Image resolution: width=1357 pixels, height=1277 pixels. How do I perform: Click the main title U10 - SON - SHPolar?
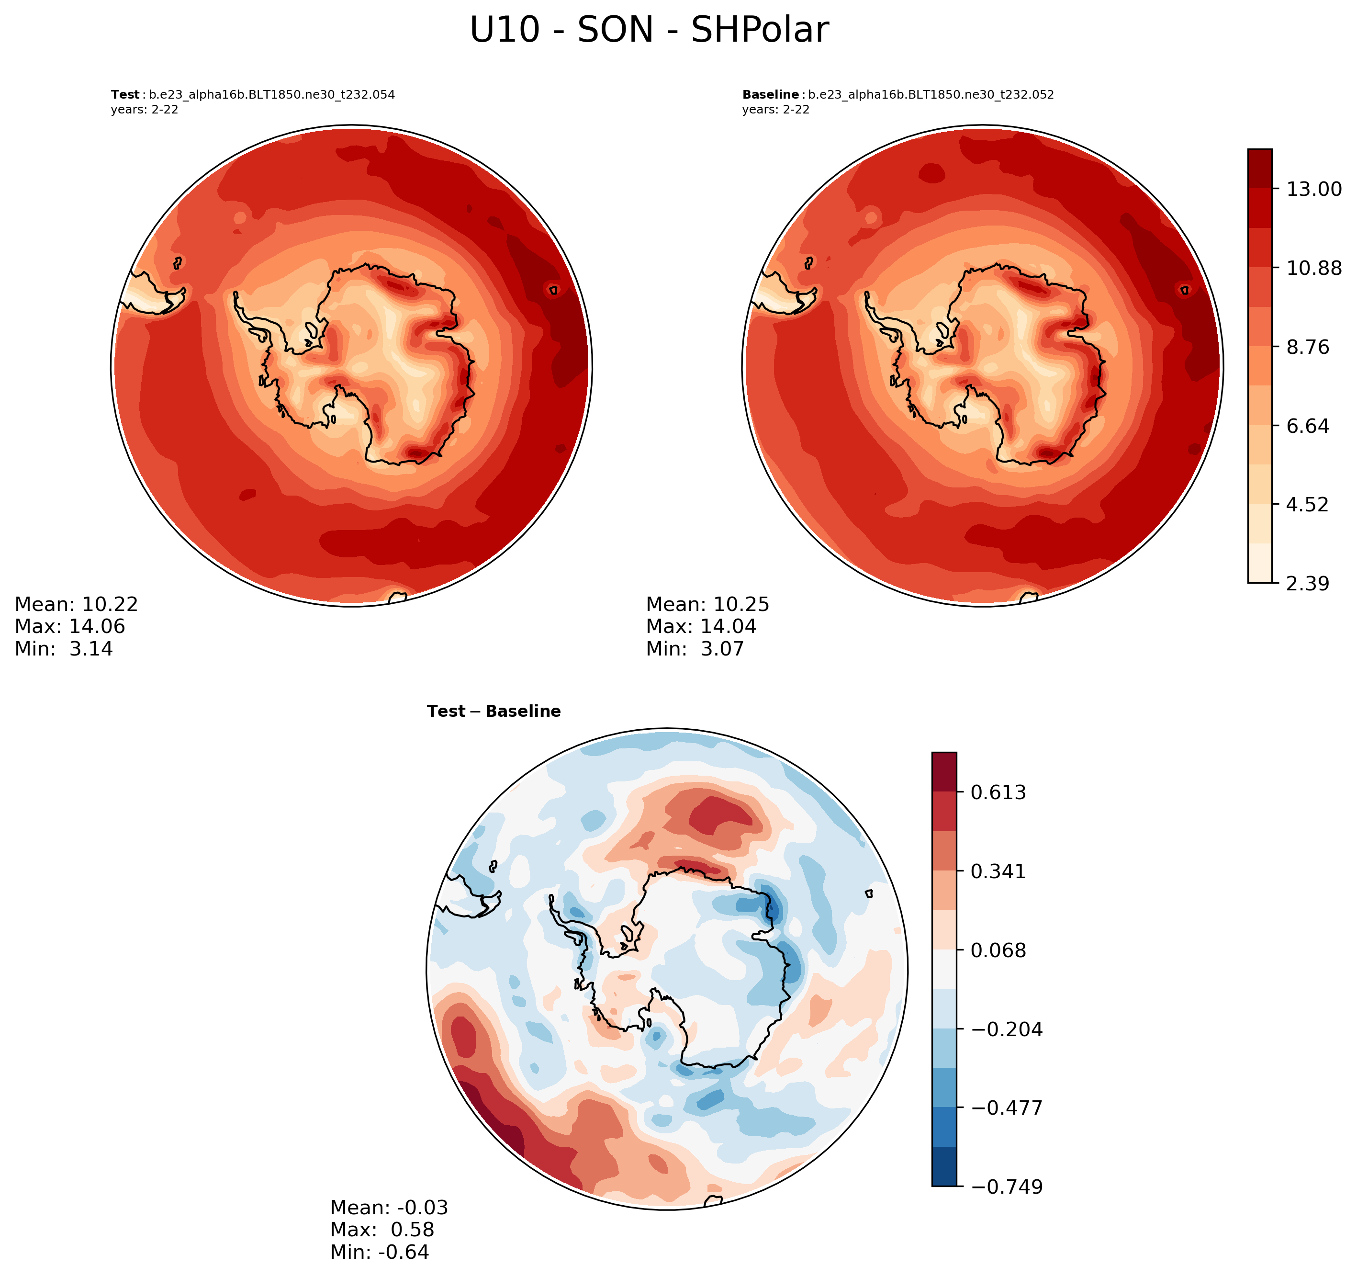[x=649, y=31]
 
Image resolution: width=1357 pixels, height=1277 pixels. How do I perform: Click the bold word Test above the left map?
[x=125, y=95]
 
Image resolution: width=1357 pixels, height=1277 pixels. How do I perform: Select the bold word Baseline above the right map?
[x=770, y=95]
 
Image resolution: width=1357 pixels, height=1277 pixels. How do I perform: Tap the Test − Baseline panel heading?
[x=493, y=712]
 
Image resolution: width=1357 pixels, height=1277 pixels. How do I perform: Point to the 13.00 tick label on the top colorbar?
[x=1313, y=189]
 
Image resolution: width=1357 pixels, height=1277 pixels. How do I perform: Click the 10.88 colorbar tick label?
[x=1313, y=268]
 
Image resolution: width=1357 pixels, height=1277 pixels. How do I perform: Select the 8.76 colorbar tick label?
[x=1308, y=348]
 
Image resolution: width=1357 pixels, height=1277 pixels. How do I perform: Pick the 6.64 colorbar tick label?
[x=1308, y=426]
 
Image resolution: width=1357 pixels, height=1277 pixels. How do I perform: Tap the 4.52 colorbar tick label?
[x=1308, y=505]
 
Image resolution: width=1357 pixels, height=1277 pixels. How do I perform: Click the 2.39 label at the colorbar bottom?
[x=1308, y=584]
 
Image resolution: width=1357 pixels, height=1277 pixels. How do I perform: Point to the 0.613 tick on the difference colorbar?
[x=998, y=793]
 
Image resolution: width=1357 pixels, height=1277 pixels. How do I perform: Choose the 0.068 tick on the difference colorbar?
[x=998, y=950]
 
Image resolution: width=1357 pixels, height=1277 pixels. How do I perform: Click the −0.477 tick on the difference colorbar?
[x=1006, y=1107]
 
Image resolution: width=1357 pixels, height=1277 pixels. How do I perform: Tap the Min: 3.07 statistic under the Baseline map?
[x=695, y=649]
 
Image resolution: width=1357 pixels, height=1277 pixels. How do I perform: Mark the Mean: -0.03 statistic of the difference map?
[x=389, y=1208]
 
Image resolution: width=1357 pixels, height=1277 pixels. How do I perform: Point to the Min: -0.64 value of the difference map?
[x=380, y=1253]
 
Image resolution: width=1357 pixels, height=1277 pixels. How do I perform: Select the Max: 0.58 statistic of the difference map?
[x=382, y=1230]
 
